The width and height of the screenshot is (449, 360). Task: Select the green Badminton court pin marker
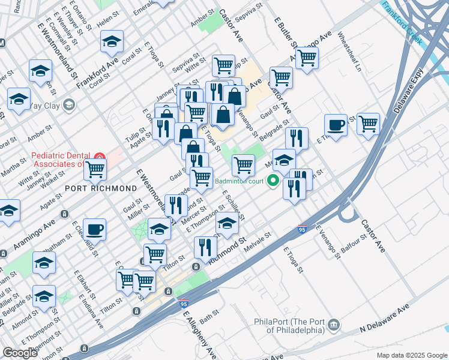coord(274,179)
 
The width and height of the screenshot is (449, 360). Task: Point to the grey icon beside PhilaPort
coord(334,325)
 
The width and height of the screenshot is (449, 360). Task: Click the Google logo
coord(20,353)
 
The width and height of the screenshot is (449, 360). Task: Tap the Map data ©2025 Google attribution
coord(411,355)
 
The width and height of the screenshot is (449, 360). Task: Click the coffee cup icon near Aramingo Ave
coord(94,229)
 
